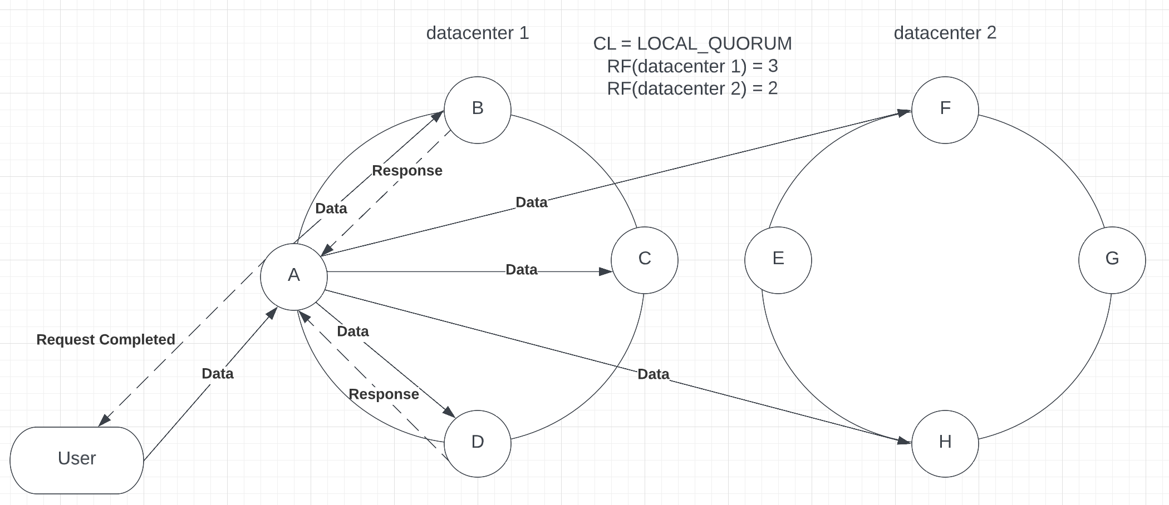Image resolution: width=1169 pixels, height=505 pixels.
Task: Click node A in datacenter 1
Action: click(293, 276)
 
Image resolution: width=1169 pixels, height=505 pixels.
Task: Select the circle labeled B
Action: click(477, 110)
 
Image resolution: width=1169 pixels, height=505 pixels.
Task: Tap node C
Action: click(644, 260)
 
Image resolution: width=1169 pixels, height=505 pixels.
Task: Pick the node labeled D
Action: click(477, 443)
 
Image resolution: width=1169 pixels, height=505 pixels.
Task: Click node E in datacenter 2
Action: click(778, 260)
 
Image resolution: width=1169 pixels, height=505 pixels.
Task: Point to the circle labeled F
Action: click(945, 110)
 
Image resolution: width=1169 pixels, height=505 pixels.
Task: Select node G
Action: click(1112, 260)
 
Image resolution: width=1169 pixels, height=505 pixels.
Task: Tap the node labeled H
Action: click(945, 443)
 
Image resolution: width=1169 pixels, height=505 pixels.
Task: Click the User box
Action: click(77, 460)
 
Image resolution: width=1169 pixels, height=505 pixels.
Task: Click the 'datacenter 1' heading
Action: click(477, 33)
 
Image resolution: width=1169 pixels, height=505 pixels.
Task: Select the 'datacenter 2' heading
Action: click(945, 33)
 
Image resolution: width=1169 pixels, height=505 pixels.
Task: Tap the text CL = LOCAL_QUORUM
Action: click(692, 43)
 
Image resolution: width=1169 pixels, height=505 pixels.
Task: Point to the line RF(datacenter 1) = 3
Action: click(692, 66)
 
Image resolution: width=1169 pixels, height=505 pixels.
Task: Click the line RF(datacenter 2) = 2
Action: click(692, 88)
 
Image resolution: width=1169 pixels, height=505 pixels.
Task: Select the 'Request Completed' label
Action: click(106, 339)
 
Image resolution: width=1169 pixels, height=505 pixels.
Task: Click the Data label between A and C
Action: click(521, 270)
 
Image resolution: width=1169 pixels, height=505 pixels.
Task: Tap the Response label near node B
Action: click(407, 171)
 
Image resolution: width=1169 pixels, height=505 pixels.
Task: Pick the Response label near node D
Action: click(384, 394)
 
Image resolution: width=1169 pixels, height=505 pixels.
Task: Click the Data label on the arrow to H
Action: click(653, 374)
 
